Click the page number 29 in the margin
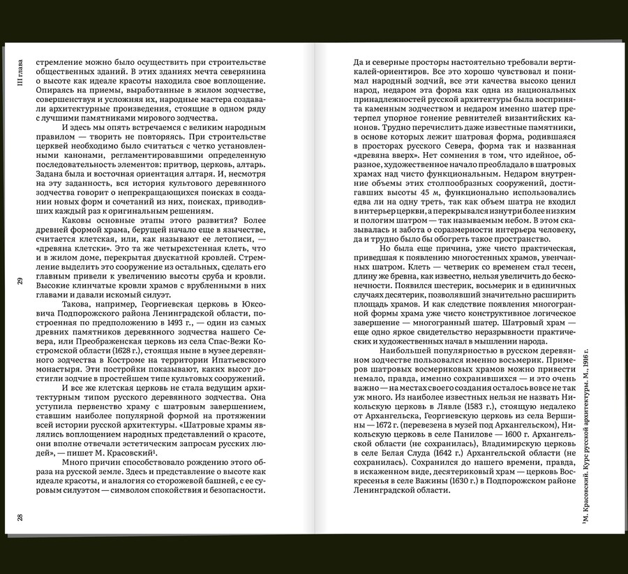[20, 281]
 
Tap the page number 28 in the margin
[20, 517]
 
